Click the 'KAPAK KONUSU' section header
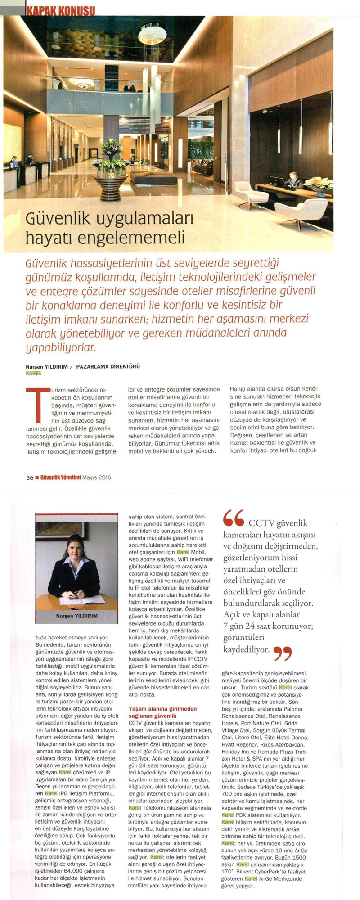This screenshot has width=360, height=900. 61,10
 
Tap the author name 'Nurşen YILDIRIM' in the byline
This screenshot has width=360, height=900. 47,367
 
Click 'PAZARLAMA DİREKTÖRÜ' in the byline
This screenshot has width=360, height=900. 108,367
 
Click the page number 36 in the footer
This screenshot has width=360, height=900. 30,477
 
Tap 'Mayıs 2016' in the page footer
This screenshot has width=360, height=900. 96,477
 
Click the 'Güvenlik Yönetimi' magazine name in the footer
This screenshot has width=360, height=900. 60,477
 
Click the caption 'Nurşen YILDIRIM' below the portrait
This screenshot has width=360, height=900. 74,616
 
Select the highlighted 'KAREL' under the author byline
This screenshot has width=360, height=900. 34,373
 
